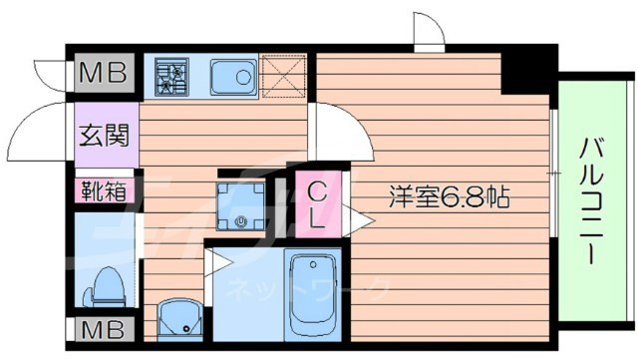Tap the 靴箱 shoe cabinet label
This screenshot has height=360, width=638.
(104, 189)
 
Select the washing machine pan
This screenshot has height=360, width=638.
(243, 205)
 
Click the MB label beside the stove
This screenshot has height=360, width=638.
(103, 73)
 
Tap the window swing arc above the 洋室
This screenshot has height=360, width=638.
(429, 35)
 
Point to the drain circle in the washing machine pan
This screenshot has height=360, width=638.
(242, 220)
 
